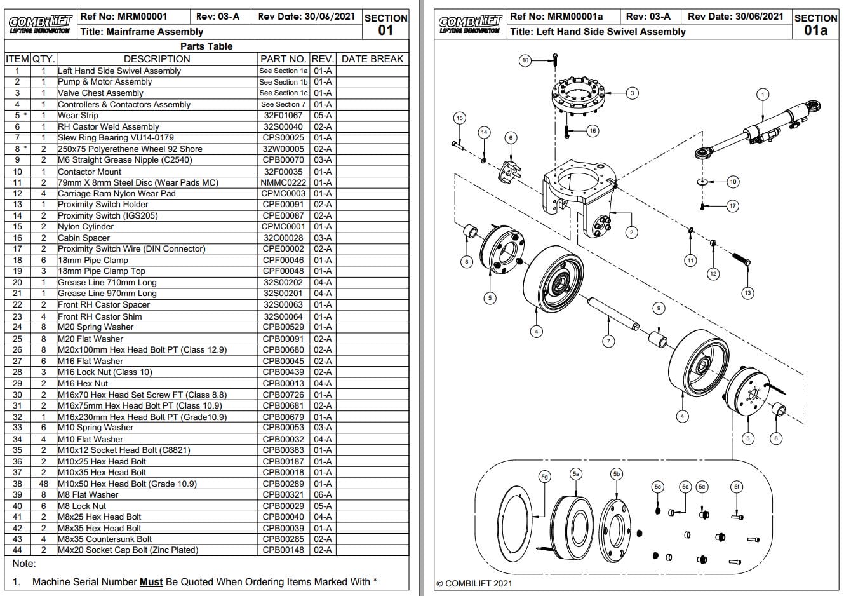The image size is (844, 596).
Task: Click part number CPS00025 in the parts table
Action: click(x=283, y=138)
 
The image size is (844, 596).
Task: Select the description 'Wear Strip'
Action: click(x=78, y=116)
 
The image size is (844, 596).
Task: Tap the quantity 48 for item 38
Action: click(x=43, y=484)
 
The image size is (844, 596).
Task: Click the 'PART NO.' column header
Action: click(x=283, y=59)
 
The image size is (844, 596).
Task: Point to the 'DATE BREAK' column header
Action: click(x=372, y=59)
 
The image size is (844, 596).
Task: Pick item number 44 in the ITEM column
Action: click(x=17, y=550)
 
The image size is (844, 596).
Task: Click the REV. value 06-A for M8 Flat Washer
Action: click(x=323, y=495)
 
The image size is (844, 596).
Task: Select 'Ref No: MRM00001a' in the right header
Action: click(x=556, y=17)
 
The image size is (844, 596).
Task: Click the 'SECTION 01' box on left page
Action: click(x=385, y=25)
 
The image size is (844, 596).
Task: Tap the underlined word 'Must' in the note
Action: click(x=151, y=582)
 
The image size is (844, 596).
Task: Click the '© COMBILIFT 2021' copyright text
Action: click(x=474, y=583)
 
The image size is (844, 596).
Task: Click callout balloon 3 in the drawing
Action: click(x=632, y=93)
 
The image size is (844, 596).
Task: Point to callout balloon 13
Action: click(x=747, y=293)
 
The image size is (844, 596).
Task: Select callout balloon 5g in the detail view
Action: click(x=544, y=477)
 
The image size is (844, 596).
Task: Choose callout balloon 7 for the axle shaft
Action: click(x=608, y=341)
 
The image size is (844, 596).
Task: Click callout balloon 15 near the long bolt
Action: click(x=459, y=118)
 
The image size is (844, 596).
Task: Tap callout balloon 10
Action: click(x=732, y=182)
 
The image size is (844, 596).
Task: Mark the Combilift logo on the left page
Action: click(x=40, y=25)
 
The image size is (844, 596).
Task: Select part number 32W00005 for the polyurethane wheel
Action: click(x=283, y=149)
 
